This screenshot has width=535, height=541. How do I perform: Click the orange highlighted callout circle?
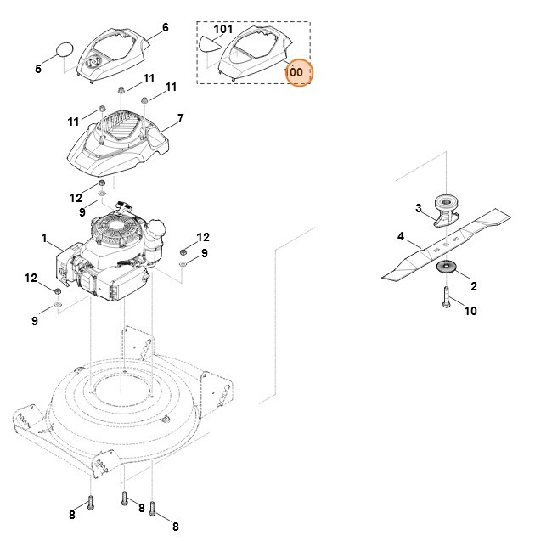click(296, 72)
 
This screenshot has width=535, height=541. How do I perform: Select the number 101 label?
click(222, 29)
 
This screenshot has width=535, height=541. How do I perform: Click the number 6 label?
click(165, 28)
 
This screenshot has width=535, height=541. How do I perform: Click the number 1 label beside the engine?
click(44, 240)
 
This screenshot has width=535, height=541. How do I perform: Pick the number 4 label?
click(401, 237)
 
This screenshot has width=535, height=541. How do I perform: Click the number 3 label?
click(418, 208)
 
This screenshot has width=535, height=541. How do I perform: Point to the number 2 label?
click(473, 287)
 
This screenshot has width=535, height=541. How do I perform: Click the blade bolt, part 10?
click(447, 297)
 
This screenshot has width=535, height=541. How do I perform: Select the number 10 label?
click(470, 311)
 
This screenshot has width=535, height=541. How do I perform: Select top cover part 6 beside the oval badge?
click(112, 55)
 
